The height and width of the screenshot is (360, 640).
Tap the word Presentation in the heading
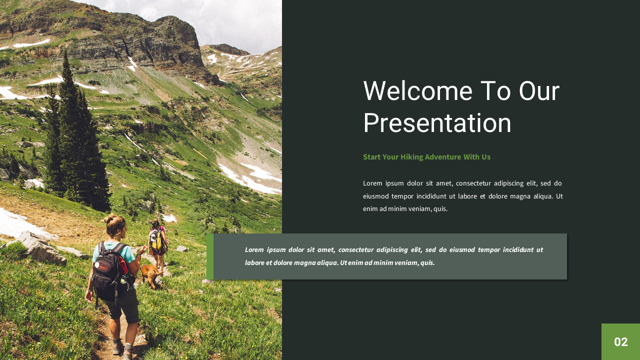[437, 123]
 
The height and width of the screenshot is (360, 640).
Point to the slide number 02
[620, 342]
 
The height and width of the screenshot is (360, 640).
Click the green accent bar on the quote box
[210, 256]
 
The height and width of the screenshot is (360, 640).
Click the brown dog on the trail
[149, 274]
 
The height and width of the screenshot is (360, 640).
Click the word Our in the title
[539, 91]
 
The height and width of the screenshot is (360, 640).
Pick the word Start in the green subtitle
[371, 157]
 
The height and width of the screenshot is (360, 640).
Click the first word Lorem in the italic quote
[254, 249]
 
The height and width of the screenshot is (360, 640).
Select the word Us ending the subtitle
[486, 157]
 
